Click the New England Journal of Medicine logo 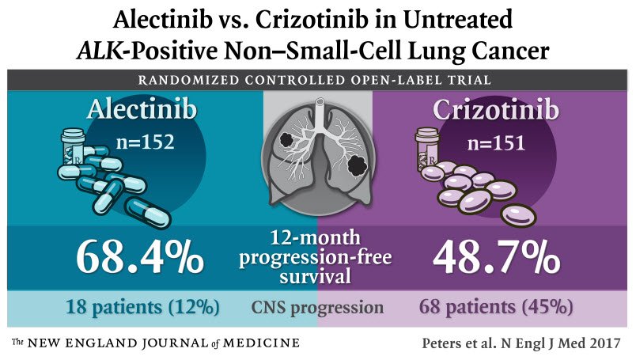point(155,343)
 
